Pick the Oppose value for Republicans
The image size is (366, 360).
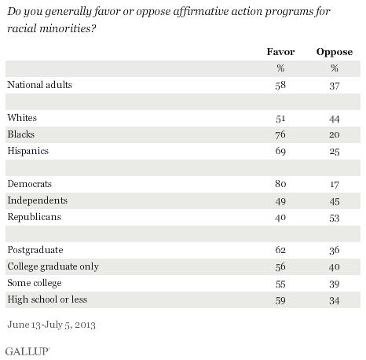tap(334, 215)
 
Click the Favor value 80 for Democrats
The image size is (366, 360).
tap(280, 182)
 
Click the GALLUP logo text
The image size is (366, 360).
tap(25, 346)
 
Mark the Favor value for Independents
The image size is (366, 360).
tap(280, 199)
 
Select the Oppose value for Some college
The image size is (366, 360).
tap(334, 281)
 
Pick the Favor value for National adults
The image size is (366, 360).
tap(280, 83)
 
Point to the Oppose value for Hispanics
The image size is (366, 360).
tap(334, 149)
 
